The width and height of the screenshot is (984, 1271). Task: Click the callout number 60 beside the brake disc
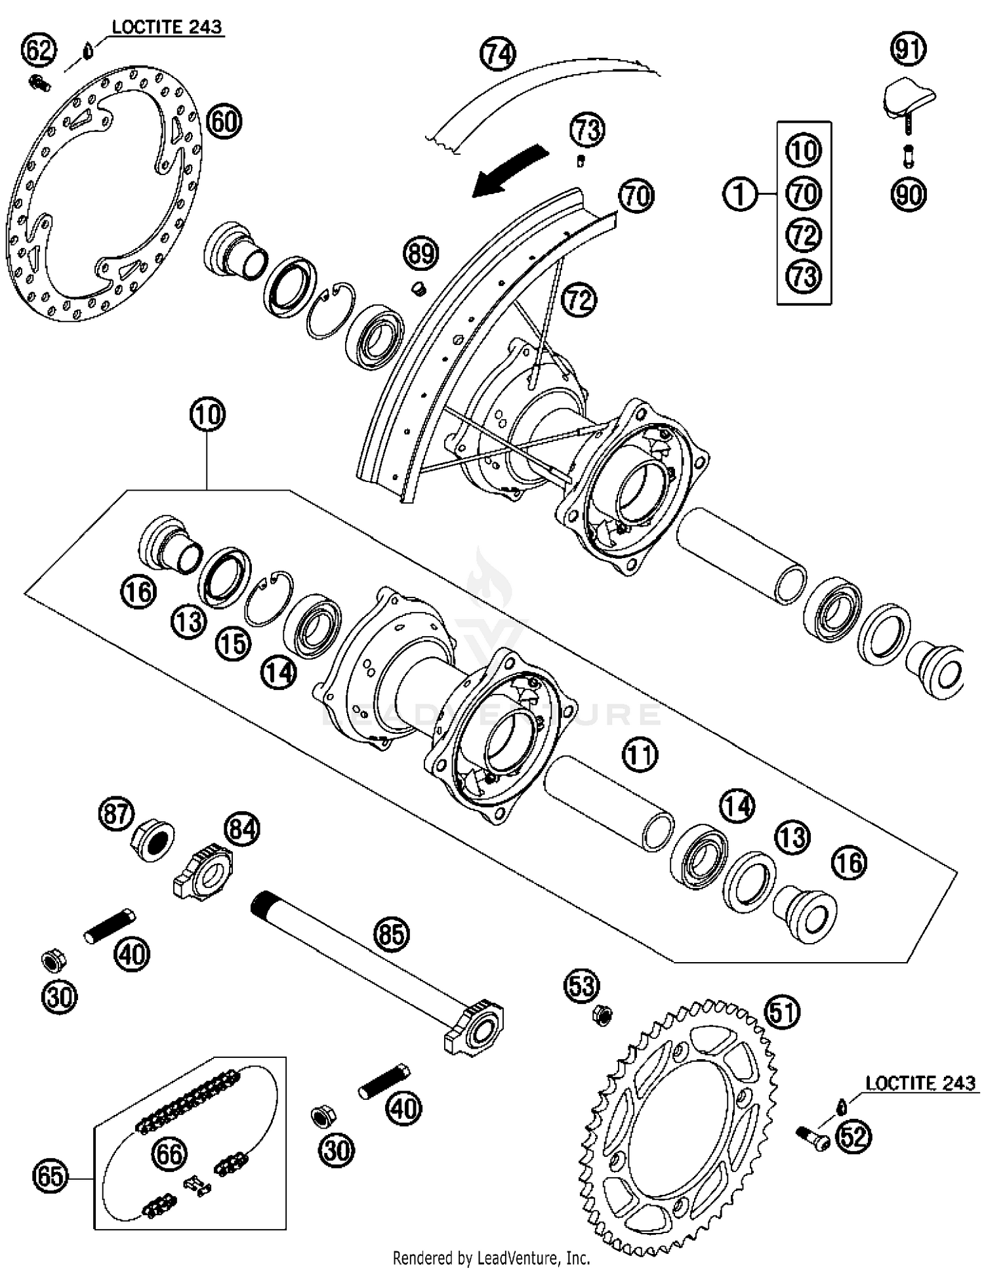click(x=224, y=122)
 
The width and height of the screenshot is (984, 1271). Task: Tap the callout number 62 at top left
click(x=39, y=50)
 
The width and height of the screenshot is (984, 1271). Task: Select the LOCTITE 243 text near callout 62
click(x=167, y=28)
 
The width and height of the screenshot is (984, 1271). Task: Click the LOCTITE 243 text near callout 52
click(x=920, y=1083)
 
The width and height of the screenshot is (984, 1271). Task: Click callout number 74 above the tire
click(x=498, y=54)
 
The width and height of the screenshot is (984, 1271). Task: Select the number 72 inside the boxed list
click(x=804, y=235)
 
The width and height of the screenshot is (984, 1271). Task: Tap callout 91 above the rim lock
click(x=909, y=49)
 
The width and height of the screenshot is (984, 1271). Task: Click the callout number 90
click(x=909, y=195)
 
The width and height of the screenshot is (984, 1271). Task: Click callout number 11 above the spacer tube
click(x=640, y=755)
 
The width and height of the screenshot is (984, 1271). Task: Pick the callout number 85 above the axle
click(x=392, y=933)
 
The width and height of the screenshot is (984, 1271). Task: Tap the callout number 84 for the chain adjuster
click(x=242, y=829)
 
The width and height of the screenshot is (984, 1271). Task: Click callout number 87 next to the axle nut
click(x=116, y=814)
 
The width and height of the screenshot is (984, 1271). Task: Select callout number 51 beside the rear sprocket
click(x=783, y=1012)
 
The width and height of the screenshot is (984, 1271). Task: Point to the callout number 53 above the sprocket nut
click(x=582, y=986)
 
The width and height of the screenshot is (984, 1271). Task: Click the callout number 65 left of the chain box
click(x=51, y=1177)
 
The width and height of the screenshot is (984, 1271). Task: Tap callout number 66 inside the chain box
click(x=169, y=1154)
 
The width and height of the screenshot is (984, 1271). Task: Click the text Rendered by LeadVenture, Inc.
click(x=491, y=1259)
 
